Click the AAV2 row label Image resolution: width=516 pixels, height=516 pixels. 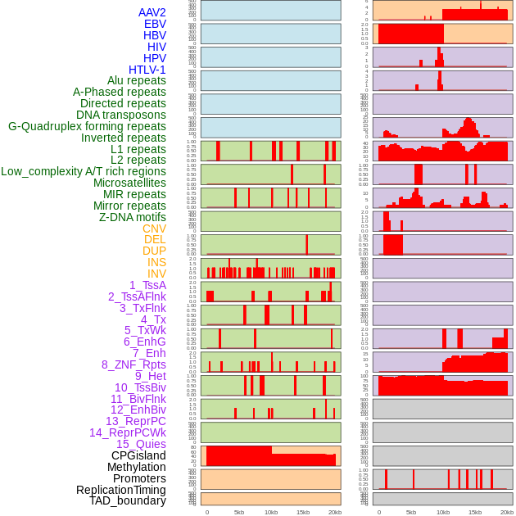152,12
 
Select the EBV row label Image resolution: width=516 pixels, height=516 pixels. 155,24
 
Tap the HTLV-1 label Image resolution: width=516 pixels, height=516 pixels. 147,70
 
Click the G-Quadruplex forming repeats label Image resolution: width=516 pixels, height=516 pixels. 87,126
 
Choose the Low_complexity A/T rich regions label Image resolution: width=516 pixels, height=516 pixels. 84,171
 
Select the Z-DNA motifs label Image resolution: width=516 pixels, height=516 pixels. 133,217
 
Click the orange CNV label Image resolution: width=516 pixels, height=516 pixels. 154,229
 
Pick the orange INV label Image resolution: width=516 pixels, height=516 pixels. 156,274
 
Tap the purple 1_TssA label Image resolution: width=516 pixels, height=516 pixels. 147,285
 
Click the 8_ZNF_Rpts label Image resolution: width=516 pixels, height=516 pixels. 134,364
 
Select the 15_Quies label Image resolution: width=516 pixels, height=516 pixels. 141,444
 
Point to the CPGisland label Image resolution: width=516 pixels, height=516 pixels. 138,455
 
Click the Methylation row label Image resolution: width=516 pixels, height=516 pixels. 135,467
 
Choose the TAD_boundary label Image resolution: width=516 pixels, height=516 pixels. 128,500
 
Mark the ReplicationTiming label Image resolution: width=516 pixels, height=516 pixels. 120,490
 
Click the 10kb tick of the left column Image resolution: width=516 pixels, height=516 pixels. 271,512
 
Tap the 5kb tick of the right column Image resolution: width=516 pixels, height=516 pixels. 411,512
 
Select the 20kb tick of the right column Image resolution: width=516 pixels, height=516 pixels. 507,512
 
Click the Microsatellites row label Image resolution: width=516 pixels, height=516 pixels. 129,183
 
